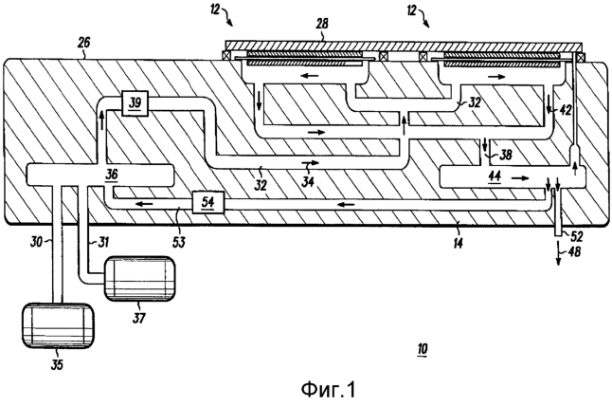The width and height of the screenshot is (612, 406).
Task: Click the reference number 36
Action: tap(112, 175)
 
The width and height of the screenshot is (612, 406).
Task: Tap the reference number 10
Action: tap(423, 349)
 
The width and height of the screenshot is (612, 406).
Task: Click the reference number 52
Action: tap(574, 235)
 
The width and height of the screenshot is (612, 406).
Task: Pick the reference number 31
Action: tap(98, 243)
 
